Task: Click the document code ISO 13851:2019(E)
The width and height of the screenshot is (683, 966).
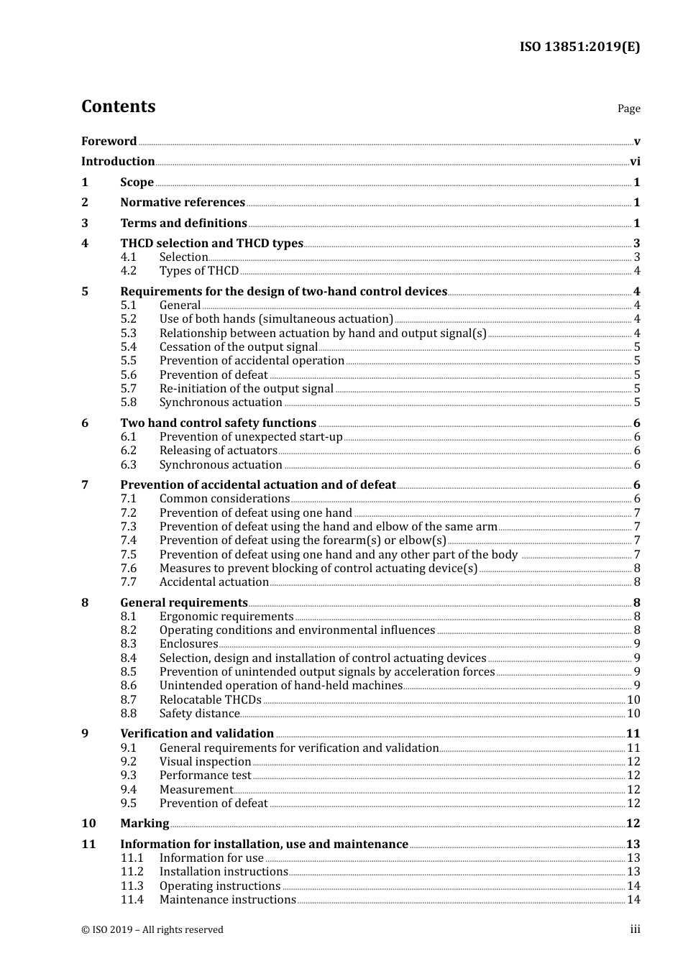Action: coord(579,47)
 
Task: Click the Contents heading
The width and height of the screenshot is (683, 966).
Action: coord(118,106)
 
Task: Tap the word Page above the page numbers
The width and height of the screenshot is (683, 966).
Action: coord(628,109)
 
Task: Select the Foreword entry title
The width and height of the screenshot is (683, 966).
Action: coord(109,142)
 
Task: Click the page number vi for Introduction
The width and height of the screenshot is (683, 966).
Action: coord(635,162)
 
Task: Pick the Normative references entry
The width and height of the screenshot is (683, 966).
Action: coord(183,203)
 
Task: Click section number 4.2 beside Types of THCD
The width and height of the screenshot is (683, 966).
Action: coord(129,271)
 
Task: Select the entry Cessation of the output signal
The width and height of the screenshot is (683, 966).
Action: coord(238,347)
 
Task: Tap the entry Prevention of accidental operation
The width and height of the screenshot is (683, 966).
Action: coord(252,361)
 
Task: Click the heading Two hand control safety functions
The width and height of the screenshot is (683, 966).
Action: coord(218,423)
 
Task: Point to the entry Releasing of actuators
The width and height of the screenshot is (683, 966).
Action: coord(218,451)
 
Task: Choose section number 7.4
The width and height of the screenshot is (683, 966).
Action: coord(129,540)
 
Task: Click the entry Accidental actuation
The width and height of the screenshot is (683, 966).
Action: coord(214,582)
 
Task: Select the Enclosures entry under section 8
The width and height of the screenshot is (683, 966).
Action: coord(188,644)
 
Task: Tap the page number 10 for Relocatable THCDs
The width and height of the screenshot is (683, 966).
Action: coord(633,700)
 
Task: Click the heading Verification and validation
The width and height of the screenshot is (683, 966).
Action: coord(197,734)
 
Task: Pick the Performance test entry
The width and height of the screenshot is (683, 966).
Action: coord(205,776)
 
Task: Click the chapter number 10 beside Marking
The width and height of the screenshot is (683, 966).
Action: coord(88,824)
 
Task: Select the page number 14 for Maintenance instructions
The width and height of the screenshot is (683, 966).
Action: coord(633,900)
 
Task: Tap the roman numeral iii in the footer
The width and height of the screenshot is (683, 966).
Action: coord(635,929)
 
